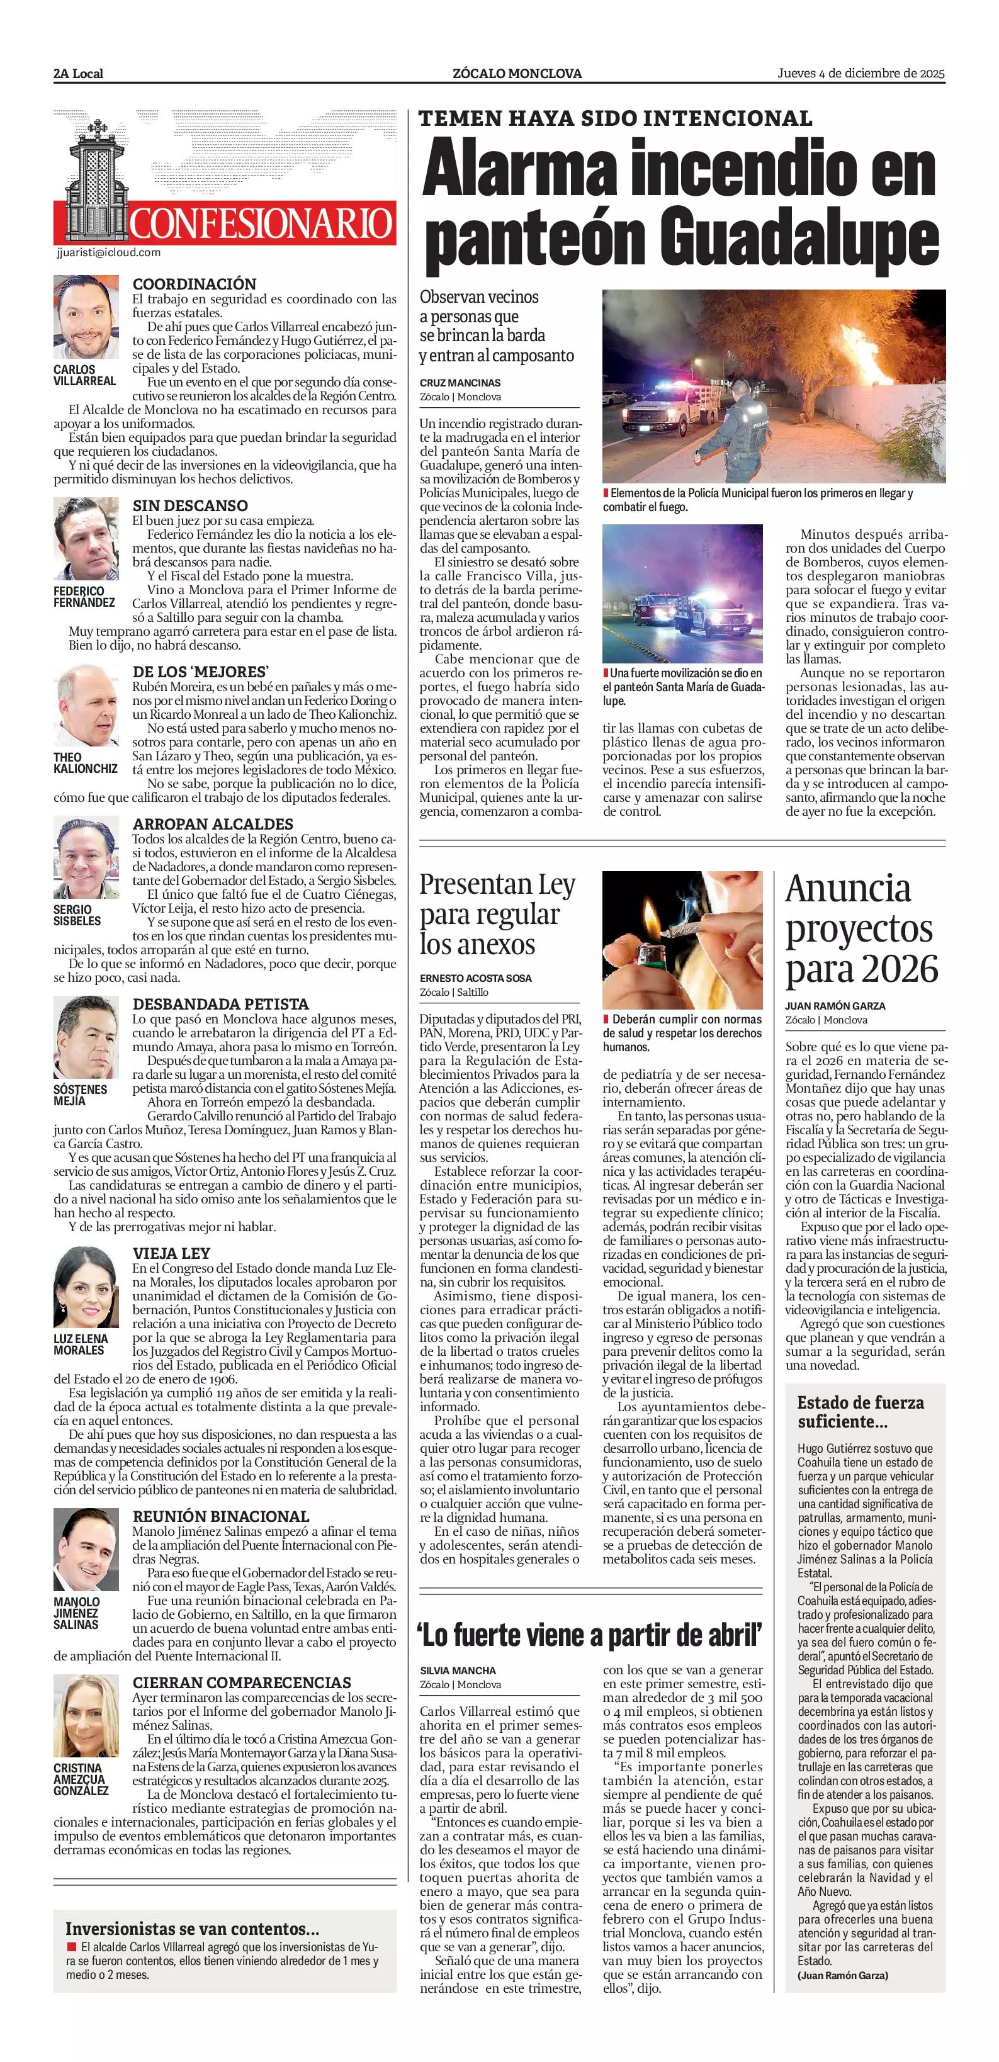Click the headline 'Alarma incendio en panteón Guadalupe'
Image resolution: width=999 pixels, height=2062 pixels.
680,204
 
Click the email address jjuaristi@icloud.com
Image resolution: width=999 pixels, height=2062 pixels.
109,252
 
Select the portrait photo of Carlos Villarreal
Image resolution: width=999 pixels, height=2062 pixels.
86,317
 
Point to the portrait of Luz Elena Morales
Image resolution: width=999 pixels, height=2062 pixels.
86,1287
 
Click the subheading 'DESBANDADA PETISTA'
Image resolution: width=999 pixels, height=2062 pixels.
220,1004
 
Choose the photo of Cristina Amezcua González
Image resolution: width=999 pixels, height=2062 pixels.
86,1715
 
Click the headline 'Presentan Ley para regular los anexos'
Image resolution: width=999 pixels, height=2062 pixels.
497,914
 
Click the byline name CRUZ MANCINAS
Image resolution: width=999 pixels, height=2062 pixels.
460,383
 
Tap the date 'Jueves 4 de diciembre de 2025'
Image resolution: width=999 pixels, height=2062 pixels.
861,73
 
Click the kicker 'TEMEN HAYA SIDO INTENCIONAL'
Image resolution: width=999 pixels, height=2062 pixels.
615,118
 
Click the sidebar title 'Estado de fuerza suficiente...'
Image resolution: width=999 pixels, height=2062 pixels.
860,1411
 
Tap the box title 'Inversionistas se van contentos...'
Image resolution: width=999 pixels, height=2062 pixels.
192,1929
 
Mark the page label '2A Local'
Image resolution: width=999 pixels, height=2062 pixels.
79,74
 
